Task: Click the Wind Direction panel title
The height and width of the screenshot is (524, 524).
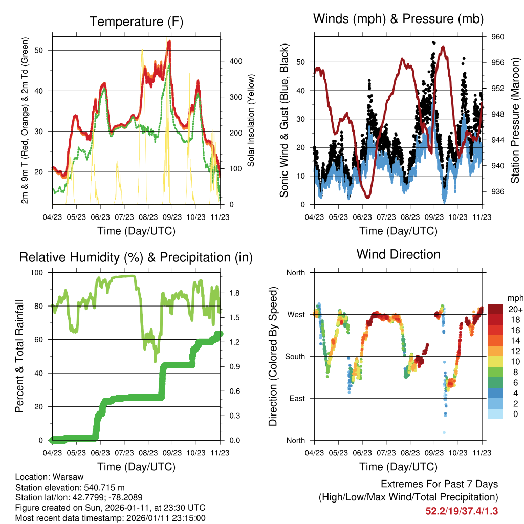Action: [398, 254]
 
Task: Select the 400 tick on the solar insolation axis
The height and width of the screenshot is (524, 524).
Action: [235, 61]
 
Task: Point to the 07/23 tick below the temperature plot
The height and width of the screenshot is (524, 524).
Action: [124, 217]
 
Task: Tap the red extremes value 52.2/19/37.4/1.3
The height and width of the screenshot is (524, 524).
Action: [462, 511]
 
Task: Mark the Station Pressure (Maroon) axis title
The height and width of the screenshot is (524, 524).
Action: [516, 121]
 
